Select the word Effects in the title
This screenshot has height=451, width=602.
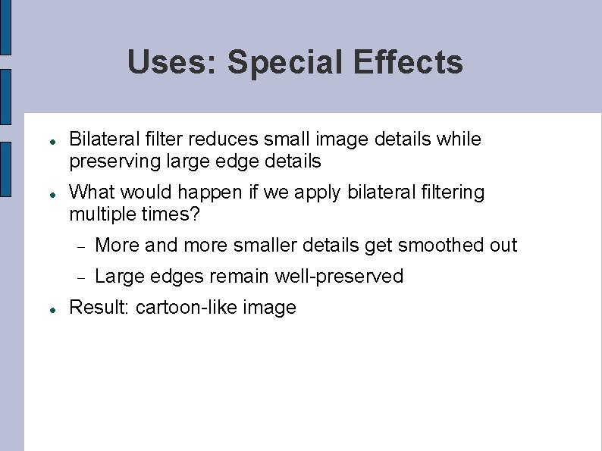[407, 62]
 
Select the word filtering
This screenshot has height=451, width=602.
[452, 193]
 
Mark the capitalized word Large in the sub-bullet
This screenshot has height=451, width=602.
[116, 277]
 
